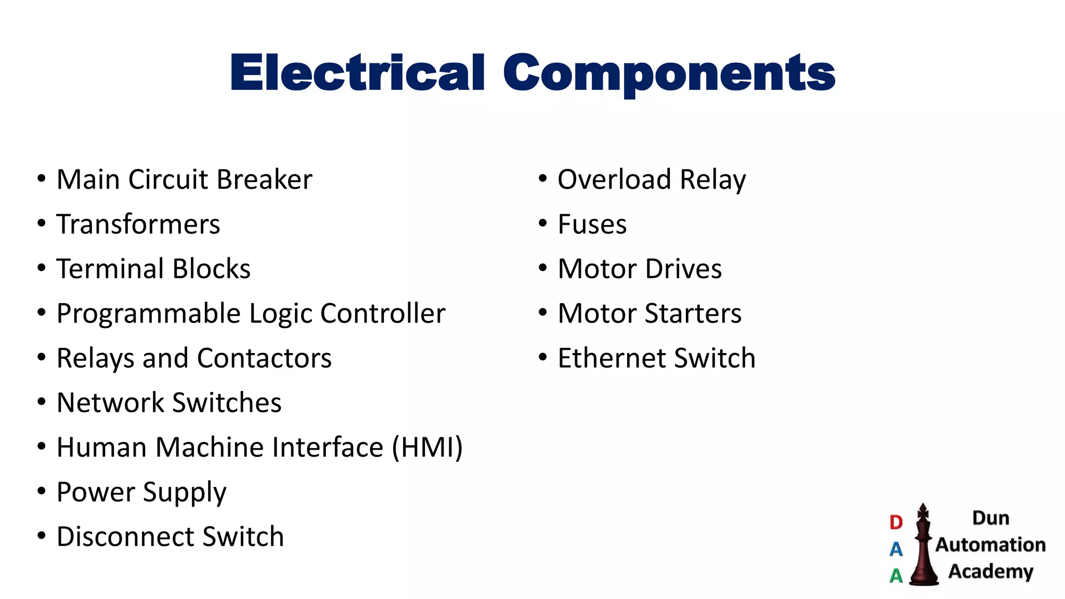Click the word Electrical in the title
click(x=358, y=73)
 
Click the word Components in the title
click(x=669, y=73)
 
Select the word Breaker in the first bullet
click(x=264, y=180)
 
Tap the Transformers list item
click(x=138, y=225)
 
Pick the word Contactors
click(x=264, y=359)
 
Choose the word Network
click(x=110, y=403)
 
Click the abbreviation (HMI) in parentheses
click(x=427, y=448)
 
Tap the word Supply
click(x=185, y=492)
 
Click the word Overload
click(x=614, y=180)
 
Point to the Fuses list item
click(x=592, y=225)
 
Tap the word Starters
click(x=693, y=314)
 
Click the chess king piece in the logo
click(x=923, y=546)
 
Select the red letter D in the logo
click(x=896, y=522)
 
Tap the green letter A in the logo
click(x=896, y=576)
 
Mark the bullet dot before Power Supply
click(x=42, y=491)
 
